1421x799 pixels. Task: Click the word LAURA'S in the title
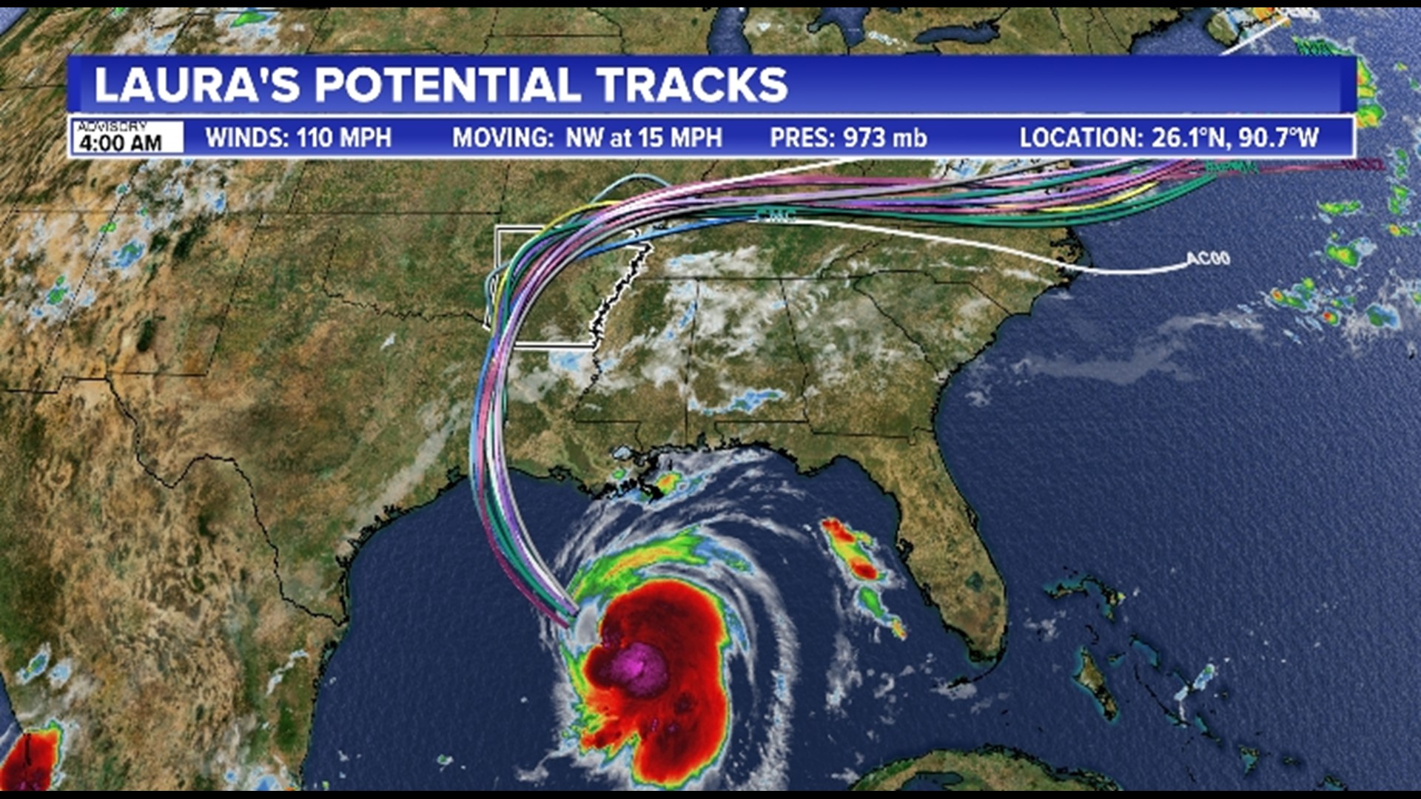(x=197, y=85)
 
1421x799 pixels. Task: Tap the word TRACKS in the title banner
(x=691, y=85)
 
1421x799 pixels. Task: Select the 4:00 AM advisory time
(x=121, y=142)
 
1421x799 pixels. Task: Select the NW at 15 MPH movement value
(x=643, y=138)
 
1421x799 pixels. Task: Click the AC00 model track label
(x=1208, y=258)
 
